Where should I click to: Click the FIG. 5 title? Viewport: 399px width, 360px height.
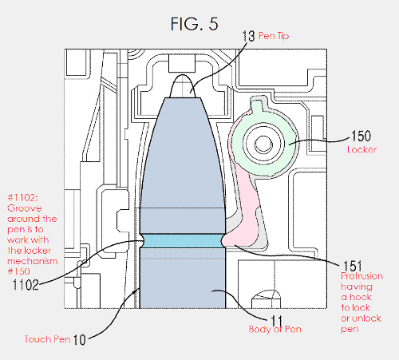(x=195, y=24)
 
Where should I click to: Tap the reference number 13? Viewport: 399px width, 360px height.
(x=248, y=36)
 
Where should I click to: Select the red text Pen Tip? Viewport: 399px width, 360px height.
(x=274, y=36)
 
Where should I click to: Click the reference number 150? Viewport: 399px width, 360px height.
(x=361, y=136)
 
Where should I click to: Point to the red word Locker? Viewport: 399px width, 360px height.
(x=361, y=149)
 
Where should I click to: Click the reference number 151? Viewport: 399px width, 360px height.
(x=353, y=266)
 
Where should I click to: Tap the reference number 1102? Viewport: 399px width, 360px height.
(x=26, y=285)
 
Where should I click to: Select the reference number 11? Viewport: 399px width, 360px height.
(x=276, y=321)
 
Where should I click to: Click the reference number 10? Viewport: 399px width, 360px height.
(x=79, y=340)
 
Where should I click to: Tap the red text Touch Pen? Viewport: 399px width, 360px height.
(x=47, y=339)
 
